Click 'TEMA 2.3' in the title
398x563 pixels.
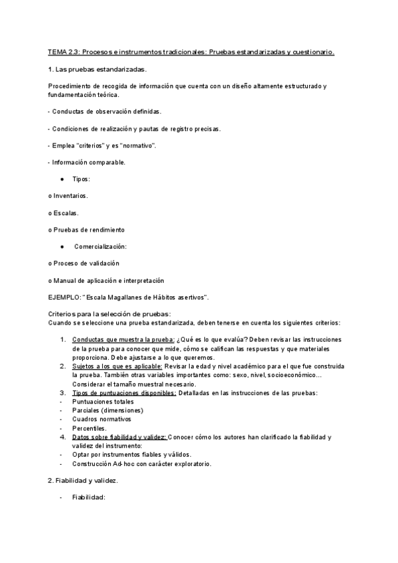[64, 51]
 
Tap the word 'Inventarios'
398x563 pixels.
[70, 196]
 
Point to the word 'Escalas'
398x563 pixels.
[66, 213]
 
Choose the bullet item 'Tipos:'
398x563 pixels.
[81, 179]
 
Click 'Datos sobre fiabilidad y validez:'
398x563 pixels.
[119, 436]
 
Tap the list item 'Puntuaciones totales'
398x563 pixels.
[103, 402]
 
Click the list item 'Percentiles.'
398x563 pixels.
[90, 428]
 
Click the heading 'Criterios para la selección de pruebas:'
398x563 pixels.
[109, 313]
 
